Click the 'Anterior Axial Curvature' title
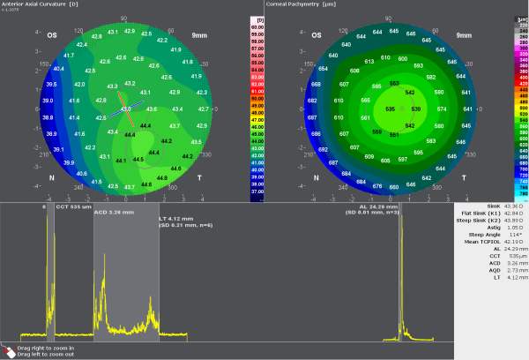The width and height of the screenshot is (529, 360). coord(39,4)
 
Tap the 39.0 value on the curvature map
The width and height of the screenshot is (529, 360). coord(48,101)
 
